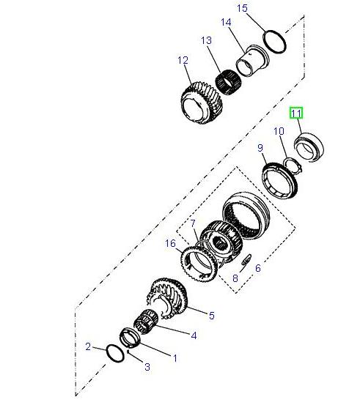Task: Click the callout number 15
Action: point(243,8)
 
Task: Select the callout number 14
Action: point(227,23)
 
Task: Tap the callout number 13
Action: point(206,40)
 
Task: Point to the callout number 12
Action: point(183,60)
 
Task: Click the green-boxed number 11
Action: point(297,114)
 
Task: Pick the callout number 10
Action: point(279,131)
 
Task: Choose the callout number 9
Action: point(260,149)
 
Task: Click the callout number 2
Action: point(88,346)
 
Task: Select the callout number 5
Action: point(211,316)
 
